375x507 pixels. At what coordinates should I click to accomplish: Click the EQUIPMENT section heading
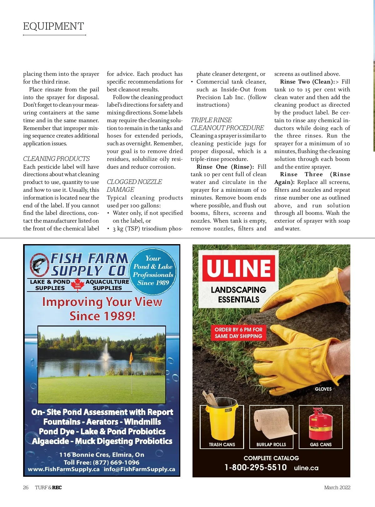53,26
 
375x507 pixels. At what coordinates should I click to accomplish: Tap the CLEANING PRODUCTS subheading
56,159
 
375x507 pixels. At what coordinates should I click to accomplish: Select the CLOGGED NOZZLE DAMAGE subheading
134,186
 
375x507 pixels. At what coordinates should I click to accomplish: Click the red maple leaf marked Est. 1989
77,284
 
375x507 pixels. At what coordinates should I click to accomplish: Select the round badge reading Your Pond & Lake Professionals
153,271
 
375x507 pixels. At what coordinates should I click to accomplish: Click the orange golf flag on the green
131,356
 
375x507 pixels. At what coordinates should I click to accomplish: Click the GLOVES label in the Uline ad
323,389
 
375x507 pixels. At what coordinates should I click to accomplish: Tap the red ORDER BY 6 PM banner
238,333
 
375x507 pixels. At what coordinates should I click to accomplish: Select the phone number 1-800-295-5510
255,467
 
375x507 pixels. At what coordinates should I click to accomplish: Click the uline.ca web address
306,468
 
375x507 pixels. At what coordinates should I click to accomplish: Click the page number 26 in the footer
26,487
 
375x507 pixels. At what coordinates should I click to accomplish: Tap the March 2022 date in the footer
337,487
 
